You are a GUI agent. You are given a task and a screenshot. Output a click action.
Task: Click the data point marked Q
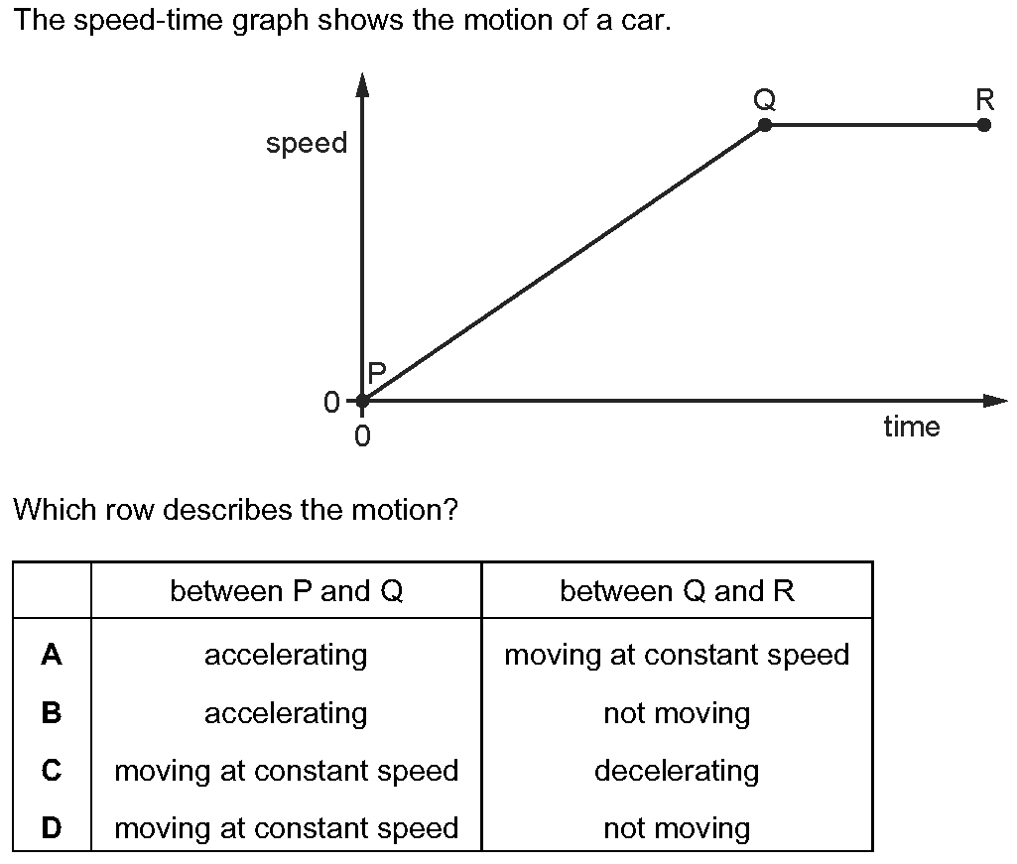765,125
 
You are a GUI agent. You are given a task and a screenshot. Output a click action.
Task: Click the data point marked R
983,125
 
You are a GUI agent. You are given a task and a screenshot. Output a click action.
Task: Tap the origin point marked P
363,401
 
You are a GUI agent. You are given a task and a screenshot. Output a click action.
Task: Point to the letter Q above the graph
764,99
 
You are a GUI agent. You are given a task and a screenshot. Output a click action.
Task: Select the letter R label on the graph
984,99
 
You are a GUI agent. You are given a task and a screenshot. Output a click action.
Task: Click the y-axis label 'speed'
307,144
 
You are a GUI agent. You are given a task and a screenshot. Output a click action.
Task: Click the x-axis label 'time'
911,427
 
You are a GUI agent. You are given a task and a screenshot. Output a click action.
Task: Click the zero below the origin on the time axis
363,435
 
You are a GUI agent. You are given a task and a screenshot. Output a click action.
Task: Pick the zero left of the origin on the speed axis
331,402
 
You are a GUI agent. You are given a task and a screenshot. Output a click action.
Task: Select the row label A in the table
52,655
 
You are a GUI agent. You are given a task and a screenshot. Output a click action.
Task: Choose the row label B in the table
52,712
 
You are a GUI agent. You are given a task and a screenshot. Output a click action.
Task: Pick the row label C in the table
52,771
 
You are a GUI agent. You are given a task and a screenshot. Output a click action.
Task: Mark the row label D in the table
52,828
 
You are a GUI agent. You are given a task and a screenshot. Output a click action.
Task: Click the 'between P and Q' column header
286,591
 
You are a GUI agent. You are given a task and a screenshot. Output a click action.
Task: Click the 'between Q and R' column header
677,591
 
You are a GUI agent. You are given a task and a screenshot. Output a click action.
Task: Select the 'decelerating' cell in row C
677,771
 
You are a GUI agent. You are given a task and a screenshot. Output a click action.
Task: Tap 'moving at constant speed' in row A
677,655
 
